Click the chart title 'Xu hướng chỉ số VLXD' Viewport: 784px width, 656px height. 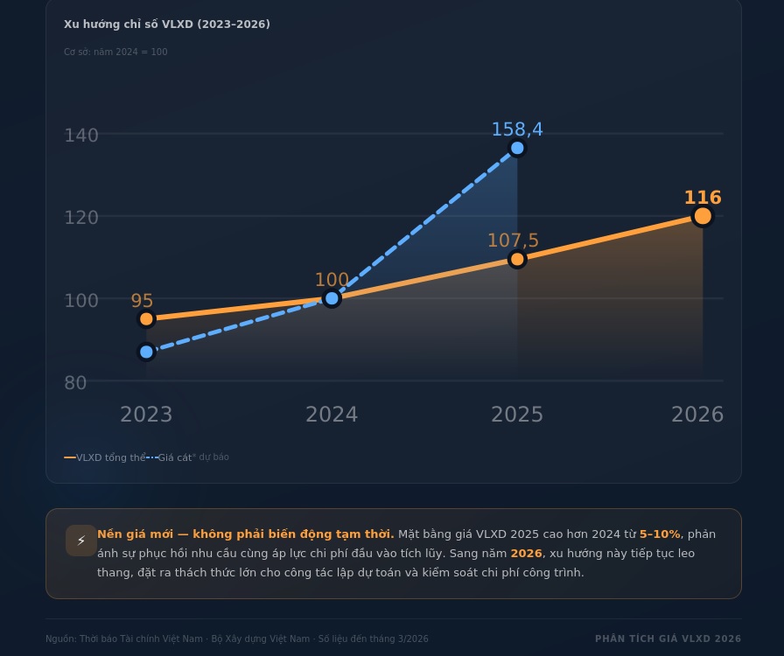coord(166,24)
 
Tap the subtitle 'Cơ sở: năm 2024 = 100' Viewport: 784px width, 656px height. coord(115,52)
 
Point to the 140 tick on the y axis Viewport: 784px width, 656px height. coord(81,136)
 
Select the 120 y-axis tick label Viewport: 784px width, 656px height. coord(81,218)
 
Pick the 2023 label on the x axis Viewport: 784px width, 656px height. coord(146,415)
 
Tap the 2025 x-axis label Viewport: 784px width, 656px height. coord(517,415)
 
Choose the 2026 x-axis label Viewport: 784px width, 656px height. coord(697,415)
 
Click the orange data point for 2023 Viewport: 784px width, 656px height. coord(146,319)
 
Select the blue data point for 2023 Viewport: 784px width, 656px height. coord(146,352)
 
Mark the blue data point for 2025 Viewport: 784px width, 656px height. coord(517,148)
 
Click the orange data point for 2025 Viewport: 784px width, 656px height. coord(517,259)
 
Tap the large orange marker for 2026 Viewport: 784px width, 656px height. coord(703,216)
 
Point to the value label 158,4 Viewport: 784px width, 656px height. coord(517,129)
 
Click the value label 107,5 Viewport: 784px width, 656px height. coord(513,241)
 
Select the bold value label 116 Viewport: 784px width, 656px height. coord(703,198)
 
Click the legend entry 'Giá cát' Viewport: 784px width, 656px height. coord(173,457)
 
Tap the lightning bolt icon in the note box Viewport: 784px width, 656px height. coord(81,541)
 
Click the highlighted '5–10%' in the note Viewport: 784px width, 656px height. coord(659,534)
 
